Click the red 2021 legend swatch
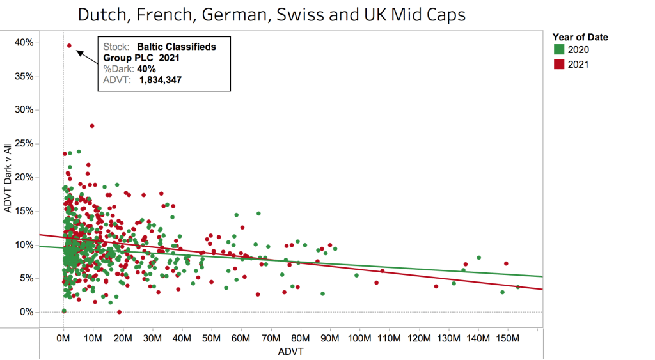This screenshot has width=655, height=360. click(x=559, y=64)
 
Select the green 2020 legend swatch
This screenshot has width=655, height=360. click(x=559, y=50)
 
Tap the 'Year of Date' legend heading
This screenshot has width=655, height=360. click(x=580, y=37)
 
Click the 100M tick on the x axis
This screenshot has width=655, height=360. click(x=359, y=337)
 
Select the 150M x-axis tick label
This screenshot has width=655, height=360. click(x=507, y=337)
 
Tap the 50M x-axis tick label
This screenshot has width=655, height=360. click(x=212, y=337)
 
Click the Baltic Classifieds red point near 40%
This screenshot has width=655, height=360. click(x=69, y=45)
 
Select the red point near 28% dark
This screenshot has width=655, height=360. click(x=92, y=126)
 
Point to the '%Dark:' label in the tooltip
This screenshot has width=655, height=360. click(x=118, y=68)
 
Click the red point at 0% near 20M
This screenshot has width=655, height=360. click(x=120, y=312)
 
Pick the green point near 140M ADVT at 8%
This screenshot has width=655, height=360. click(x=479, y=258)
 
